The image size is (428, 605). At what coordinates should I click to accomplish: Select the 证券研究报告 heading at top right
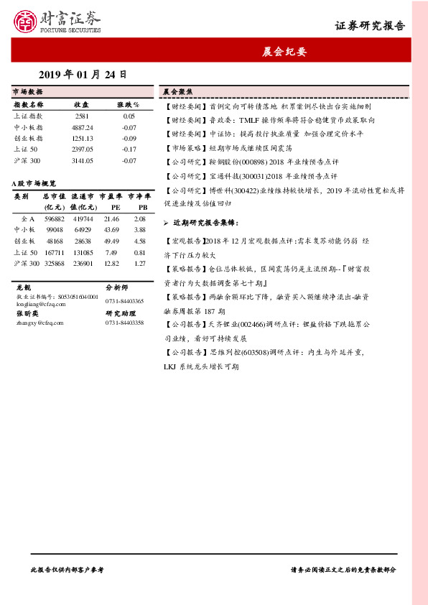[x=370, y=26]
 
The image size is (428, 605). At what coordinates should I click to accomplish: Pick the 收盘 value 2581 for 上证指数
[x=82, y=116]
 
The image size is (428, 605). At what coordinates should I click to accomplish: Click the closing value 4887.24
[x=83, y=126]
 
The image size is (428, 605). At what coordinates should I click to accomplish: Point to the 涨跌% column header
[x=129, y=104]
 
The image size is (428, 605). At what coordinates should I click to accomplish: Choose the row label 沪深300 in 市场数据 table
[x=27, y=160]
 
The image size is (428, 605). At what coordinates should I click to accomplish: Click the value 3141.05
[x=83, y=160]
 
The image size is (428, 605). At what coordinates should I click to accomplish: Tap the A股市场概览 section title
[x=34, y=184]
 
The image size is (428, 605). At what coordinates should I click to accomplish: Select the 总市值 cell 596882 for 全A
[x=55, y=218]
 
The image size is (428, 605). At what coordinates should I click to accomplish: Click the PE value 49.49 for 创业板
[x=111, y=241]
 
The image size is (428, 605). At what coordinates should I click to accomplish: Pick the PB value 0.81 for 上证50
[x=139, y=252]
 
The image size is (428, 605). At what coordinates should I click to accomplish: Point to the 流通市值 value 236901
[x=83, y=264]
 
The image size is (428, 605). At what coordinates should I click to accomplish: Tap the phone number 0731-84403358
[x=124, y=323]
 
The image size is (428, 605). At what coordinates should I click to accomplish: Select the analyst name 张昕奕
[x=26, y=313]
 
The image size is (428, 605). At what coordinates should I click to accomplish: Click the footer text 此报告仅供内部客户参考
[x=68, y=568]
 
